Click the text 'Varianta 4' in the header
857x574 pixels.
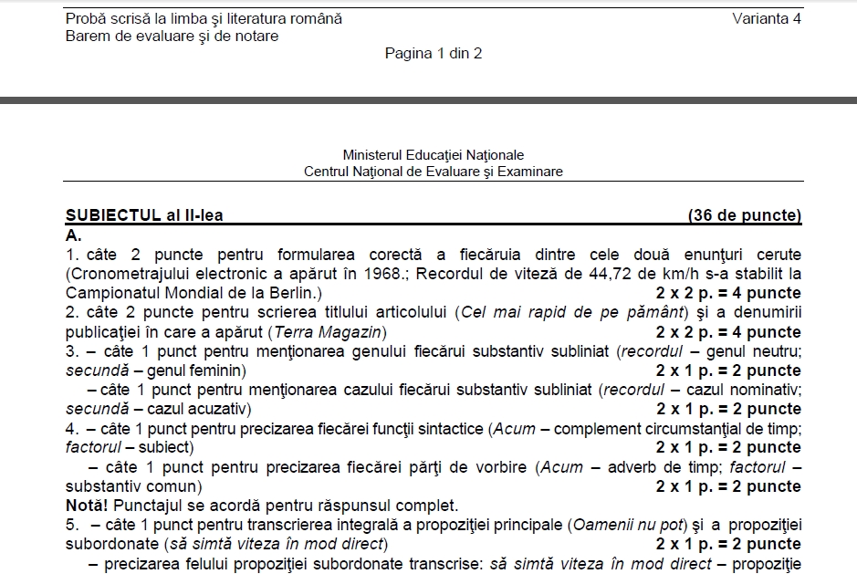766,19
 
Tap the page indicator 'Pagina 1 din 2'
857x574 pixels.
434,53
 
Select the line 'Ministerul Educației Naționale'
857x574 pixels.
434,155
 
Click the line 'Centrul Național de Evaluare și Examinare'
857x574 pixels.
434,171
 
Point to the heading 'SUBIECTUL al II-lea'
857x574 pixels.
144,215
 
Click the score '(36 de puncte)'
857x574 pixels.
745,215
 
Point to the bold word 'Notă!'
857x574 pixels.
88,505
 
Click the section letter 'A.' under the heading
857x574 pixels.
74,235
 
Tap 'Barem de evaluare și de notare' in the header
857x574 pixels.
172,36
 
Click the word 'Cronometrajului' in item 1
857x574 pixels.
125,274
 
